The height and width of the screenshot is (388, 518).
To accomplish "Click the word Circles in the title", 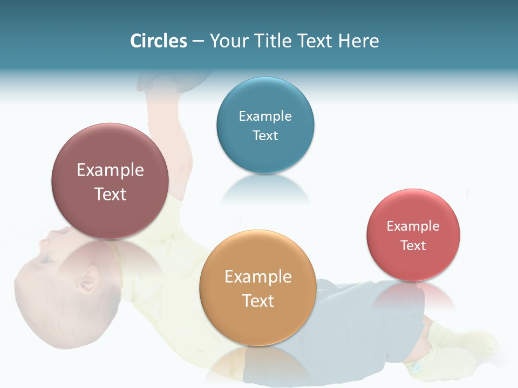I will (159, 41).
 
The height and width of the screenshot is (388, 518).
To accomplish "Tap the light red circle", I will (413, 264).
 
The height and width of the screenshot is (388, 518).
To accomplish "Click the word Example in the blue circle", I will (265, 116).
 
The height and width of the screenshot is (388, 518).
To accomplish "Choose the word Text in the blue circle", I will (265, 135).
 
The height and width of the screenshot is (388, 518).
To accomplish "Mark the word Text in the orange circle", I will (258, 301).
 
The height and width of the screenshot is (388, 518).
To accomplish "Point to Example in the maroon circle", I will (110, 170).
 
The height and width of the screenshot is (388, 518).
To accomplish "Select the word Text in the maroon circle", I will (110, 194).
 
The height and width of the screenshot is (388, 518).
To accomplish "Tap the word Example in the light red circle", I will (413, 226).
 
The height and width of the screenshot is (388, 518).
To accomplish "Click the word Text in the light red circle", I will (413, 246).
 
